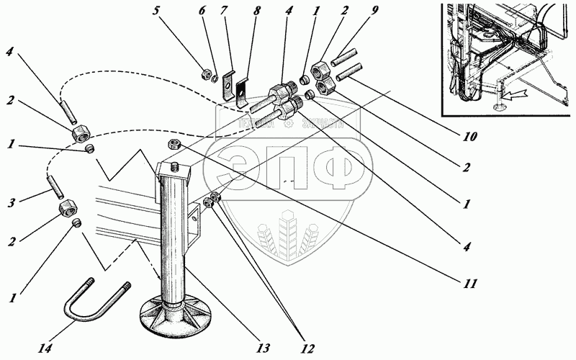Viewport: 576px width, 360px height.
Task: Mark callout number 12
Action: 307,349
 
